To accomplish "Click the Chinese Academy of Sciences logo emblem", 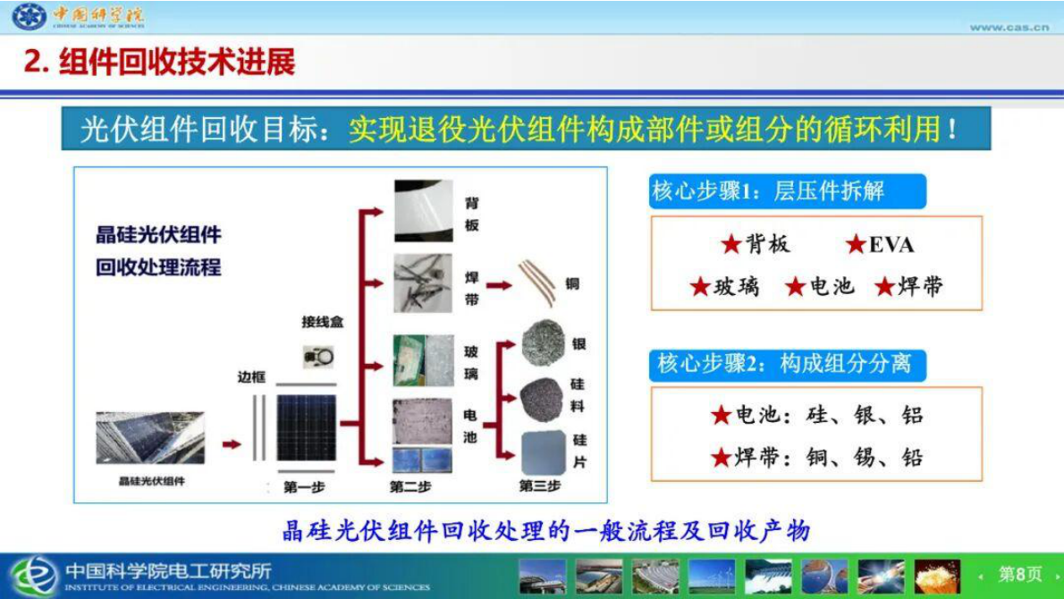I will tap(29, 16).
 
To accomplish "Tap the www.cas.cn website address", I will tap(1009, 28).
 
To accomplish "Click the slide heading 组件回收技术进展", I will tap(175, 62).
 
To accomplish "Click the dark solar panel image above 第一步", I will tap(306, 428).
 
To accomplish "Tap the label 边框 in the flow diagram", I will tap(251, 377).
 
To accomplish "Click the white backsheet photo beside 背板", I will tap(423, 211).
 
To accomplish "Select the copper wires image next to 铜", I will tap(536, 283).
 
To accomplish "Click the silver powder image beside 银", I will tap(542, 343).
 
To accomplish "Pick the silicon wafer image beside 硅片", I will tap(543, 452).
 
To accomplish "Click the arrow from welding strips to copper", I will tap(498, 286).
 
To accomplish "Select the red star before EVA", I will tap(856, 244).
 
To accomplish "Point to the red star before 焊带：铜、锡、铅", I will tap(722, 459).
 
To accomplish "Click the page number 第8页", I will tap(1019, 575).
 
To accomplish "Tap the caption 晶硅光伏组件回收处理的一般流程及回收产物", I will tap(546, 531).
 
